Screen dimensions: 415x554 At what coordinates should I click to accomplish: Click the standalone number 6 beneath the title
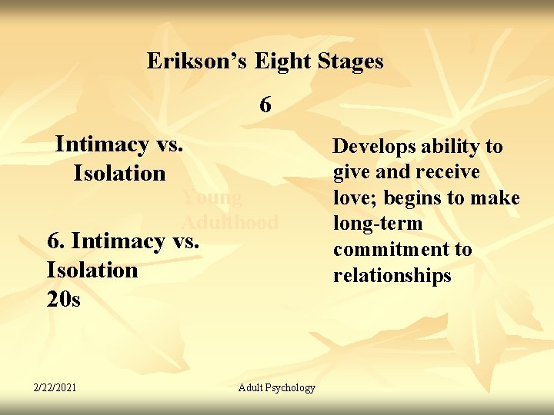pos(265,105)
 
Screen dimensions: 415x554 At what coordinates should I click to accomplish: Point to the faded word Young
pos(212,198)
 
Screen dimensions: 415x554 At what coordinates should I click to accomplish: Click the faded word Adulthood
pos(230,223)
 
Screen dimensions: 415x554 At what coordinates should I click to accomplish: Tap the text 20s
pos(63,299)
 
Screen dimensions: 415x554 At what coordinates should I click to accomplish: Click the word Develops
pos(374,146)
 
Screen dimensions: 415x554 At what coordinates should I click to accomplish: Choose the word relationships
pos(392,276)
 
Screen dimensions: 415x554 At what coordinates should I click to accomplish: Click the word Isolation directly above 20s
pos(92,270)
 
